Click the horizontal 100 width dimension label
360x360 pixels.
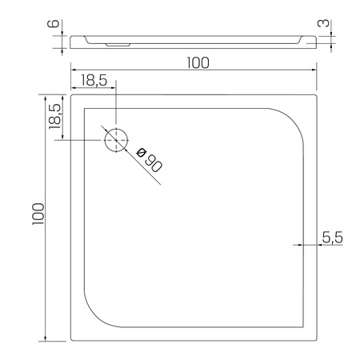click(198, 63)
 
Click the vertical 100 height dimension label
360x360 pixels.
click(38, 214)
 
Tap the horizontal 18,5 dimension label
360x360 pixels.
click(94, 80)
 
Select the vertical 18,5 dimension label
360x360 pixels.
click(54, 116)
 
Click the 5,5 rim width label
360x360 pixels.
click(332, 237)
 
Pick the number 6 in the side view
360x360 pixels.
click(53, 23)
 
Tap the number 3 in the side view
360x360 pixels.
click(324, 23)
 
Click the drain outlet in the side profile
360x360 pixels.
click(118, 45)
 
